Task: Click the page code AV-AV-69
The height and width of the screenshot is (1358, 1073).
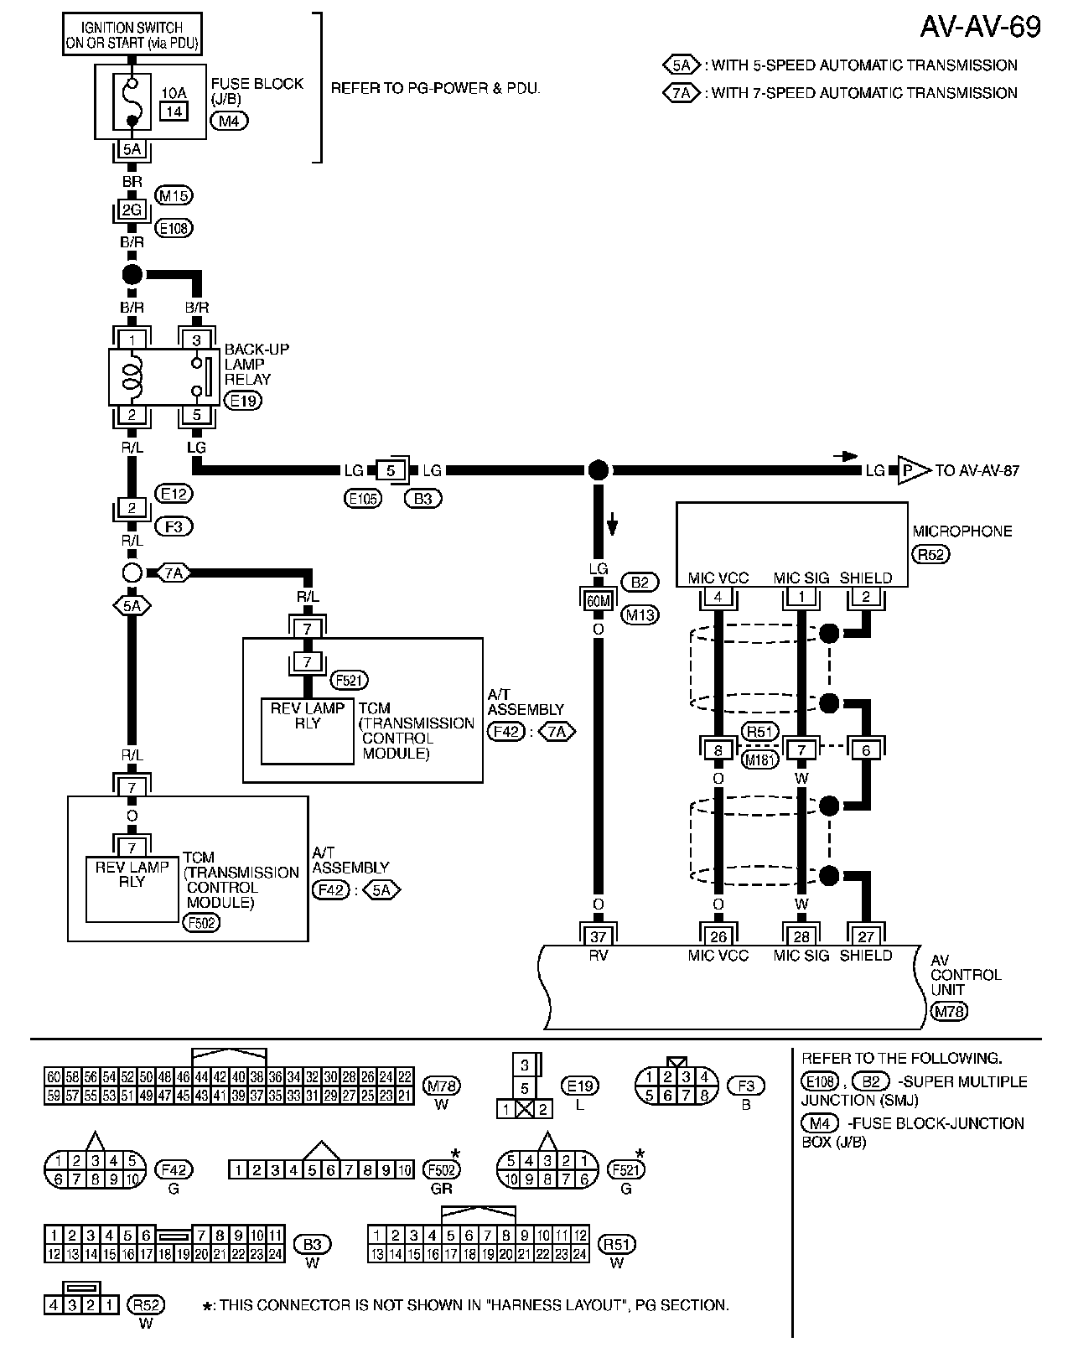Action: pyautogui.click(x=980, y=27)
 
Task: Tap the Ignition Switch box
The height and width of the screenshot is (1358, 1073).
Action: pyautogui.click(x=132, y=35)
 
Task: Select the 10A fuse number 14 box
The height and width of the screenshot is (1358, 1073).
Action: pyautogui.click(x=174, y=111)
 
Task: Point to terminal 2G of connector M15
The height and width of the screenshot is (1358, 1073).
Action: pyautogui.click(x=132, y=210)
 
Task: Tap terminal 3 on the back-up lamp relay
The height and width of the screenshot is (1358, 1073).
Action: pyautogui.click(x=196, y=339)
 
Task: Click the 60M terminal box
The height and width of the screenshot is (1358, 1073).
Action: pyautogui.click(x=598, y=600)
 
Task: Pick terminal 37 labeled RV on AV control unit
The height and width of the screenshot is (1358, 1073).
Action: pyautogui.click(x=598, y=937)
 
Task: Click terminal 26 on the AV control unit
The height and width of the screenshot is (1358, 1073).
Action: pyautogui.click(x=718, y=937)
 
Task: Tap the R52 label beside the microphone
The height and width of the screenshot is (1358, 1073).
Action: pyautogui.click(x=930, y=554)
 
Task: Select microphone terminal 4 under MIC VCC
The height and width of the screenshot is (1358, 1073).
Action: pyautogui.click(x=718, y=598)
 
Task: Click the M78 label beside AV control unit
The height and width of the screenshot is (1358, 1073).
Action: pyautogui.click(x=949, y=1011)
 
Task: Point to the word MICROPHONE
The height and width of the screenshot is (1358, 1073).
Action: pyautogui.click(x=962, y=531)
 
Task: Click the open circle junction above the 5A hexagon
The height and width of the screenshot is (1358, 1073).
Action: pyautogui.click(x=132, y=573)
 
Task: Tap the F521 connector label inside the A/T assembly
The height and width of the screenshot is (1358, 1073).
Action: pyautogui.click(x=350, y=681)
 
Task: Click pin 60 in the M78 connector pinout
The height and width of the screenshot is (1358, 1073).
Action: pyautogui.click(x=54, y=1076)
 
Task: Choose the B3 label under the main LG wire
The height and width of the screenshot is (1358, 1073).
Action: pyautogui.click(x=423, y=498)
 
